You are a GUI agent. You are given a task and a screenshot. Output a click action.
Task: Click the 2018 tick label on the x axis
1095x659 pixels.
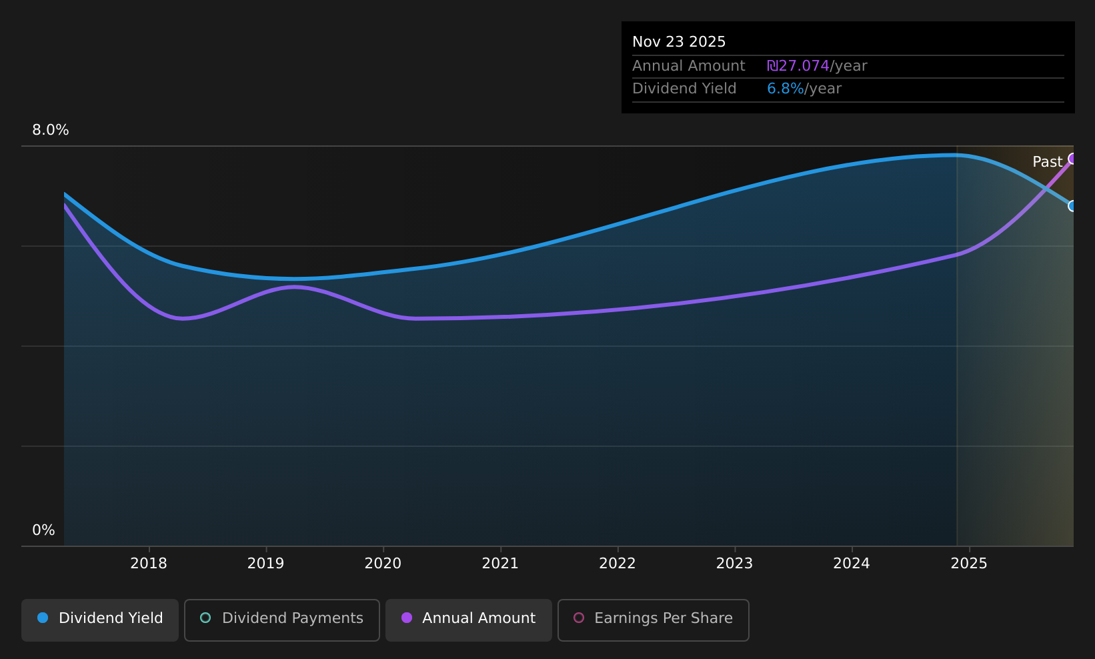click(x=149, y=564)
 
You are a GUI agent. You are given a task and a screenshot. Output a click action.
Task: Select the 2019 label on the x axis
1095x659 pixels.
click(x=265, y=564)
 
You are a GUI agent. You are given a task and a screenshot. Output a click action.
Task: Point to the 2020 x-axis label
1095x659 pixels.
click(x=383, y=564)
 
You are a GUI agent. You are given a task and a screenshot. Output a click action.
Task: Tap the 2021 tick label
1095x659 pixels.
click(x=500, y=564)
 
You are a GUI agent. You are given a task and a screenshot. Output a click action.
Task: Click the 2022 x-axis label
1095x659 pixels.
click(x=618, y=564)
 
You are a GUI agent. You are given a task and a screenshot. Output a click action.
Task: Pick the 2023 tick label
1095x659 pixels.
click(x=734, y=564)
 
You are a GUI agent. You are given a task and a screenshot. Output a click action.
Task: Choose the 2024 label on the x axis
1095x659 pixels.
click(x=852, y=564)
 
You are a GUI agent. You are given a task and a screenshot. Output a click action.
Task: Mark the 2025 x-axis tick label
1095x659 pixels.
click(x=969, y=564)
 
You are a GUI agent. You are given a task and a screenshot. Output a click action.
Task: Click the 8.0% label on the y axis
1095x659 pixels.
click(x=51, y=130)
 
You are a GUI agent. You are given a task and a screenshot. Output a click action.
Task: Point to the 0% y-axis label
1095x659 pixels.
click(x=43, y=530)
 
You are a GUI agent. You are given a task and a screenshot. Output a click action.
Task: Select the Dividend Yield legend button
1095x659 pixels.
click(x=100, y=620)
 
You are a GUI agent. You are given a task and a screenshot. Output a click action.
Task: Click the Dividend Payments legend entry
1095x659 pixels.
click(x=282, y=620)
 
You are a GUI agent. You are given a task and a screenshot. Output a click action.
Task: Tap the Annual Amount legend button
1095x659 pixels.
click(x=468, y=620)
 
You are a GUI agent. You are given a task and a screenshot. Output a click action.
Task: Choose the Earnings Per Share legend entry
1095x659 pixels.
click(x=653, y=620)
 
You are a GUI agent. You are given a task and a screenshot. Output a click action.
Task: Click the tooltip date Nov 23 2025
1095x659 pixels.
click(x=678, y=42)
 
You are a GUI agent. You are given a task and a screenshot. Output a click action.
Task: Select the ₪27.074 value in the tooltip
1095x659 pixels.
click(x=798, y=66)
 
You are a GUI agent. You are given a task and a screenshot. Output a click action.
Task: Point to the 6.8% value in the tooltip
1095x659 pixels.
click(x=785, y=89)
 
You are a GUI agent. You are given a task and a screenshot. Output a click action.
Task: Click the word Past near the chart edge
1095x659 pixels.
click(x=1047, y=162)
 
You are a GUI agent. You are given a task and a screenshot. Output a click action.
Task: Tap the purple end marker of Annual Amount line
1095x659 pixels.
click(x=1072, y=159)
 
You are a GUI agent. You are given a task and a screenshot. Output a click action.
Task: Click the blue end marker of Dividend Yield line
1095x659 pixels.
click(x=1072, y=206)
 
